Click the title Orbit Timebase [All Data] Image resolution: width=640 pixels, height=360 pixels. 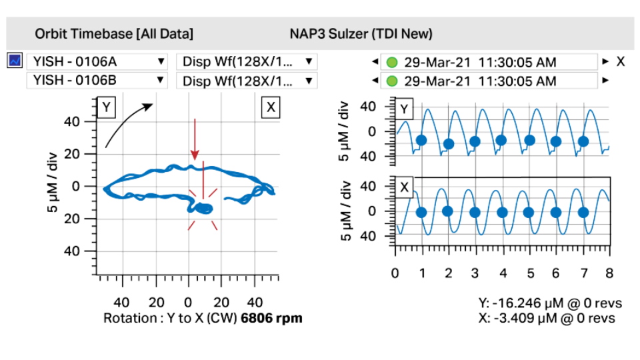[114, 33]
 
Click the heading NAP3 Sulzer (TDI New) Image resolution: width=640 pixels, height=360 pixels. [361, 33]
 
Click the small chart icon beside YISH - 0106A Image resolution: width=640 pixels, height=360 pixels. [15, 61]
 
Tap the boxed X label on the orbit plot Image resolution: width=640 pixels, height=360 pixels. [270, 107]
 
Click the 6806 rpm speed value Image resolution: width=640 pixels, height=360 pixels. [272, 318]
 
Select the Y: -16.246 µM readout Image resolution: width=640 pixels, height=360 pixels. [547, 304]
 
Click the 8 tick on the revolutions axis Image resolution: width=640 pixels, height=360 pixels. [608, 273]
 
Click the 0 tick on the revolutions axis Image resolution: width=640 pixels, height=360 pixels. [395, 273]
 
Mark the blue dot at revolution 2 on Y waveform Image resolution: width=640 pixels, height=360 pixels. [448, 143]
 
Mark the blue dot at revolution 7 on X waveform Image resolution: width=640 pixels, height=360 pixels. [583, 213]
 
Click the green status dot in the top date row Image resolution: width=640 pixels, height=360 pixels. [391, 63]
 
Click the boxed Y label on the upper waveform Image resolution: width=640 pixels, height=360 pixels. [405, 108]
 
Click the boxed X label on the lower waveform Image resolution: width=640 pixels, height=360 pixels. [405, 187]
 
